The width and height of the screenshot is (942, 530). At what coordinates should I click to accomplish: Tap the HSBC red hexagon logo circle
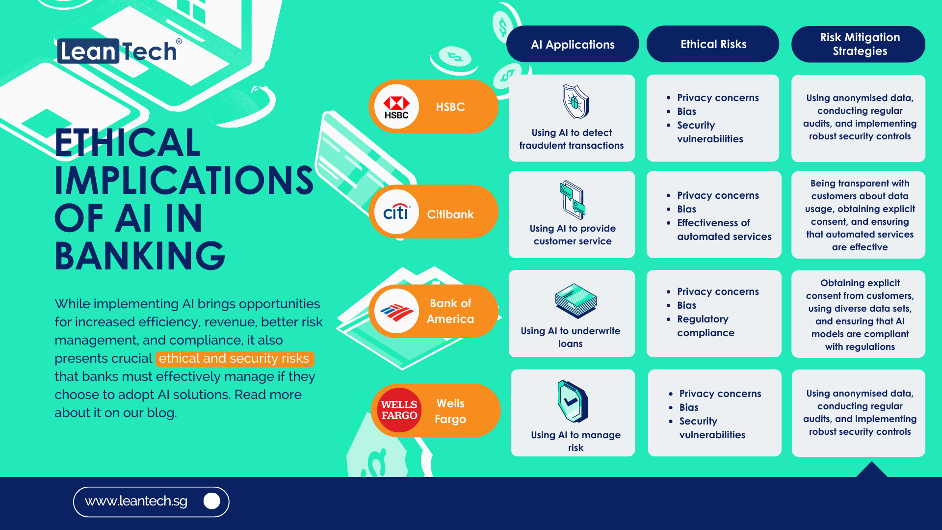coord(396,106)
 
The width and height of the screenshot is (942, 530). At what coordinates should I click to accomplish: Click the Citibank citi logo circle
coord(396,212)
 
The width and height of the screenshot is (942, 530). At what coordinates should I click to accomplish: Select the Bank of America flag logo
coord(396,311)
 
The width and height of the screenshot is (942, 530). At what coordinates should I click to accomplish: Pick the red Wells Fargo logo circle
coord(399,410)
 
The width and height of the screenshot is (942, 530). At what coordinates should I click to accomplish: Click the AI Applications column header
coord(573,44)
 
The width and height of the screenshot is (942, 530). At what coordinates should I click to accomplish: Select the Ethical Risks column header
coord(713,44)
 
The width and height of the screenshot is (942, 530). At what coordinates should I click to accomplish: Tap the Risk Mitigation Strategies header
coord(859,44)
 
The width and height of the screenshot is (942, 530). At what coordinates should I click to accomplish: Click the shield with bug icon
coord(576,102)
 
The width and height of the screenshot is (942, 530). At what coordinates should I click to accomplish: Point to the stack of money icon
coord(576,300)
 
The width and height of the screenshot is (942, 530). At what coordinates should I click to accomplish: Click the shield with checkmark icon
coord(572,401)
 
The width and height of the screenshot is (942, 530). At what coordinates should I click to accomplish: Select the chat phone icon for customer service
coord(573,200)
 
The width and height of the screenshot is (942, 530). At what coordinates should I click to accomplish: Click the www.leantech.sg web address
coord(136,501)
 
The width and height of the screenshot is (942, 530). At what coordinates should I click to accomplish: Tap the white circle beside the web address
coord(211,501)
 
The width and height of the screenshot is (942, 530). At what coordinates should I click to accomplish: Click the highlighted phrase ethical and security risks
coord(234,359)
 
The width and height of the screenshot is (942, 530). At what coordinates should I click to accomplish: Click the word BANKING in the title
coord(140,256)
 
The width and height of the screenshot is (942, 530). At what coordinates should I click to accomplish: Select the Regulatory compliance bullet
coord(706,326)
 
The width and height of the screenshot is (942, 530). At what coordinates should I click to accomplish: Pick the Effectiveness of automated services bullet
coord(724,230)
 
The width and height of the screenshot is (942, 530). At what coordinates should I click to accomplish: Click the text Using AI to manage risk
coord(576,441)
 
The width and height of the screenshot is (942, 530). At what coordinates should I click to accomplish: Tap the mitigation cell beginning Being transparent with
coord(859,215)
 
